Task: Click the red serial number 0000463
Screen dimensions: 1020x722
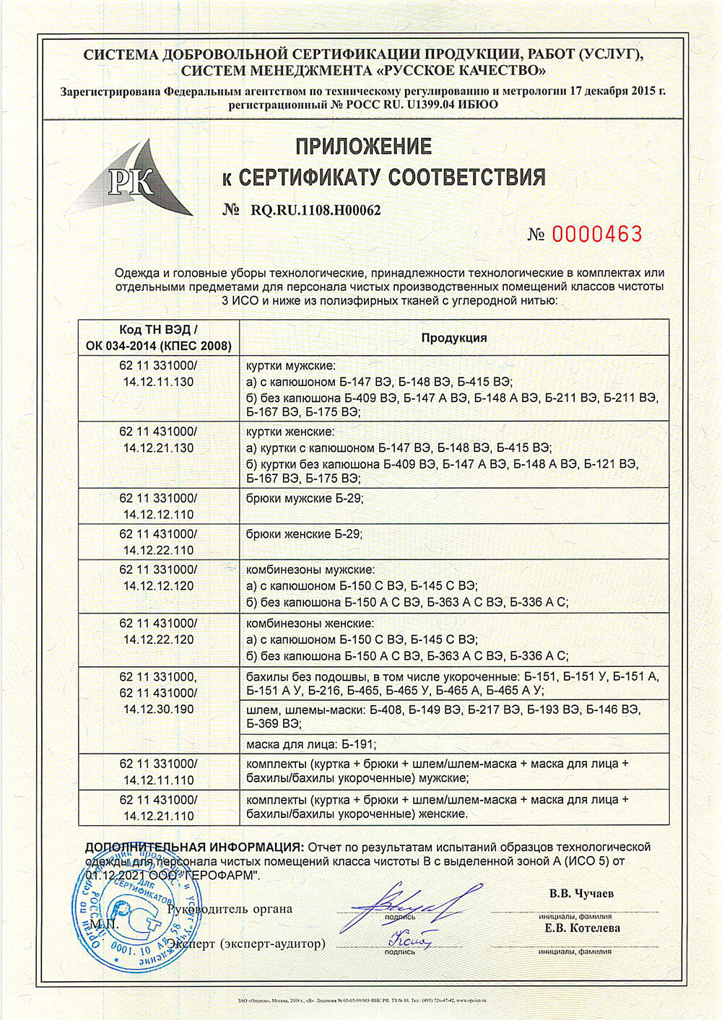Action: [596, 234]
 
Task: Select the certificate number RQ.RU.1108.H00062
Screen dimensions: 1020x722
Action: [316, 210]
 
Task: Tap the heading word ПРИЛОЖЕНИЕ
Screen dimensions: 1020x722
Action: [363, 147]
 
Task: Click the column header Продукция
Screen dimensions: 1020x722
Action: [454, 338]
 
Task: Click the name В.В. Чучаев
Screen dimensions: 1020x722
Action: [581, 894]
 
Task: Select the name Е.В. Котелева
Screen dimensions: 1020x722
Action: [582, 928]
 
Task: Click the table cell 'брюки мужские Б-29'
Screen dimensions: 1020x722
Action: [305, 498]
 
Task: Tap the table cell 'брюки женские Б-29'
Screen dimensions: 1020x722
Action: [305, 534]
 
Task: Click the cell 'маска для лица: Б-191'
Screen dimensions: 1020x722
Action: [311, 744]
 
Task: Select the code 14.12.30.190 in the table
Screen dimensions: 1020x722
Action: [159, 710]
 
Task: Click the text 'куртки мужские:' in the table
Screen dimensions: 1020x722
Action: [291, 366]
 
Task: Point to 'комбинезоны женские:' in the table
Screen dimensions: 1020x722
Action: [310, 623]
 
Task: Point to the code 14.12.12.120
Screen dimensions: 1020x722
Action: [159, 586]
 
